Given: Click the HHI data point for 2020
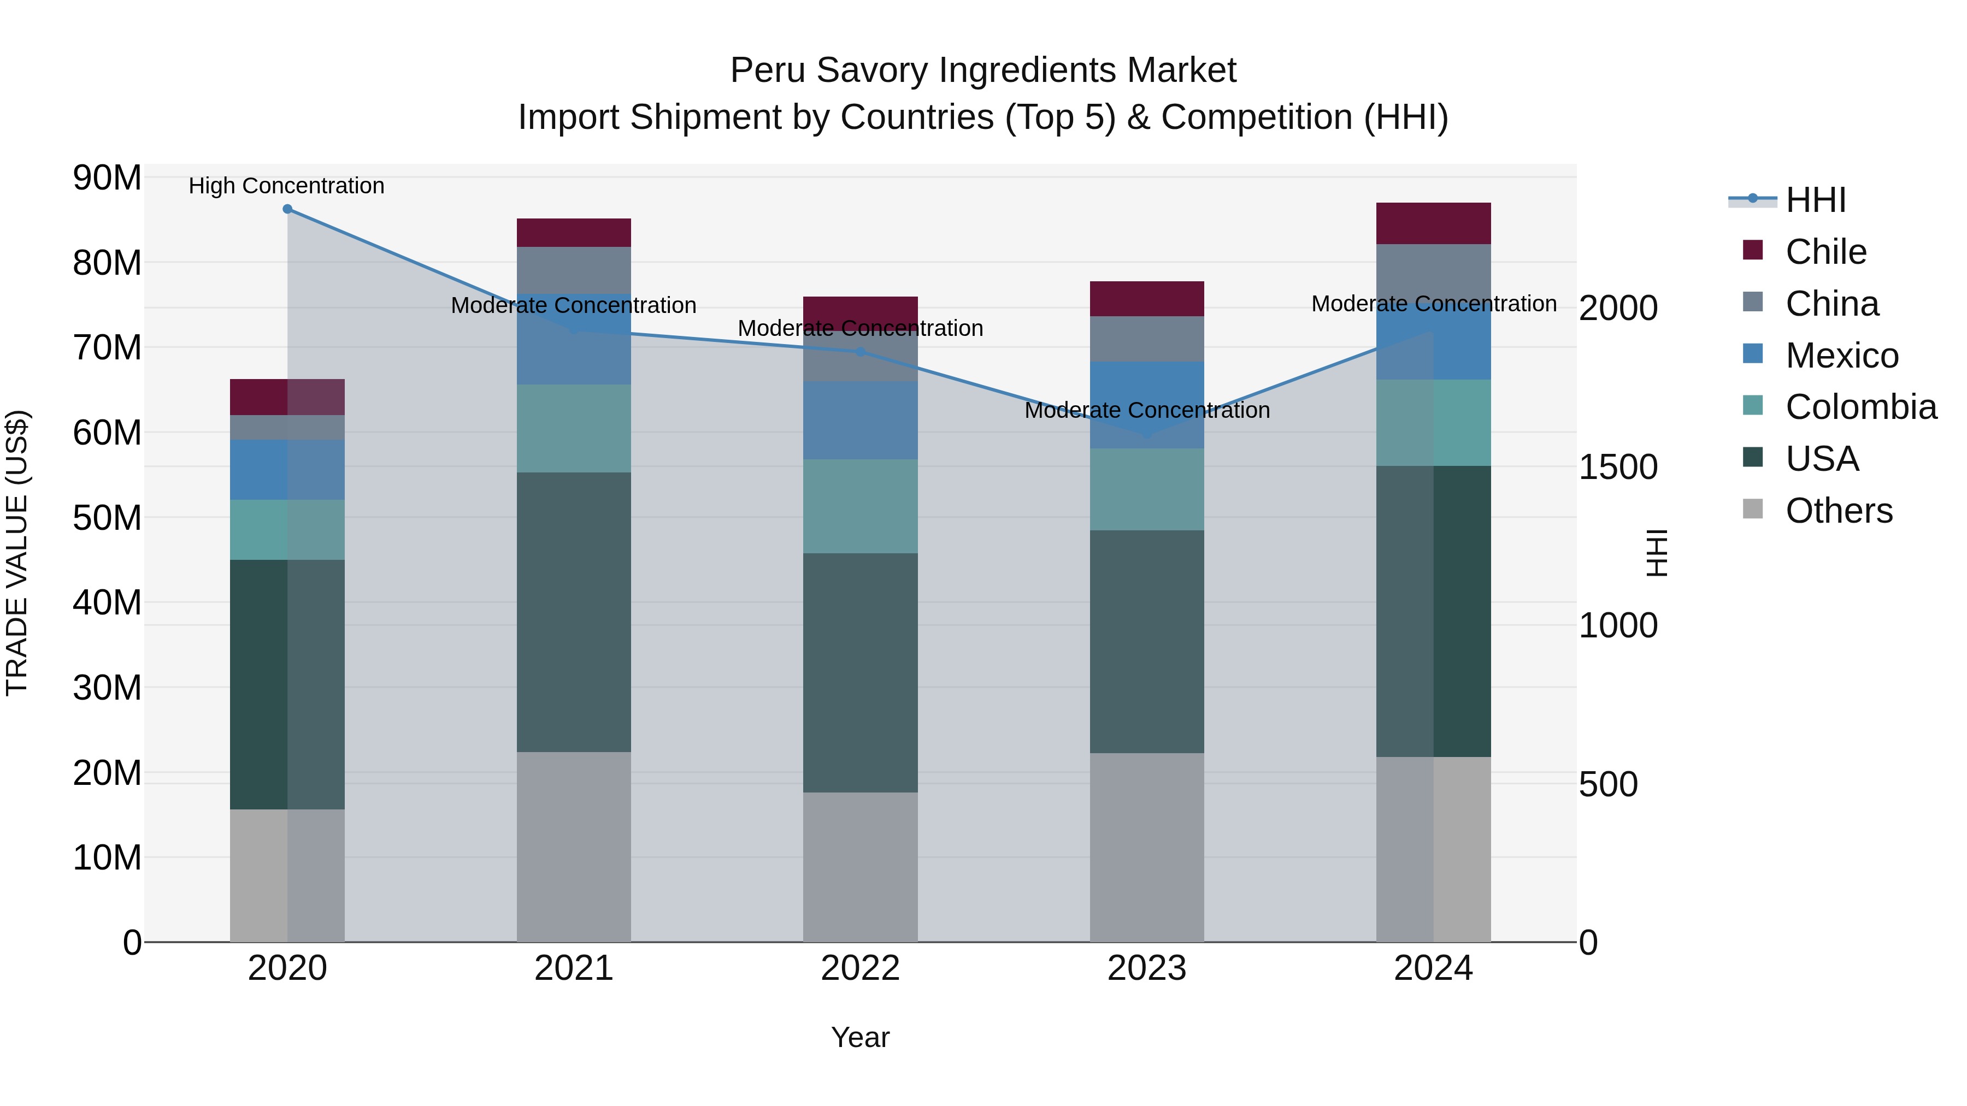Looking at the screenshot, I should (287, 209).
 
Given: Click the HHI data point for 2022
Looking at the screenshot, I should (861, 352).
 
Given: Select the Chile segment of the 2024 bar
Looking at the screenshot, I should (1433, 223).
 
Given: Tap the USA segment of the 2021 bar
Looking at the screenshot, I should (574, 612).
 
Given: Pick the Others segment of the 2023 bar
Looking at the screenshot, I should (1146, 847).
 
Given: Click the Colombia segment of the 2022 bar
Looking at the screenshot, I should (861, 506).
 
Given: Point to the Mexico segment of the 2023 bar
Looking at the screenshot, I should (1146, 405).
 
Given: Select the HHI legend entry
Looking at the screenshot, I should (1815, 200).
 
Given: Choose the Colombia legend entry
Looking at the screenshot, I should (1860, 407).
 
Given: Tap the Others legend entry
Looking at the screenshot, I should (1838, 511).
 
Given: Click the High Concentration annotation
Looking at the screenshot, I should (286, 186).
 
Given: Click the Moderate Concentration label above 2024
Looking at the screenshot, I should (1433, 304).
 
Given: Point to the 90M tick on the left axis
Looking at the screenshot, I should (107, 178).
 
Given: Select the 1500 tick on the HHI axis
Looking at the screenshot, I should (1617, 467).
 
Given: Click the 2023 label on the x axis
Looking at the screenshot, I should (1146, 968).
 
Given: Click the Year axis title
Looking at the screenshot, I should (860, 1037).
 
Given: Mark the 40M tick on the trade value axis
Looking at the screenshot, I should (107, 603).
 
